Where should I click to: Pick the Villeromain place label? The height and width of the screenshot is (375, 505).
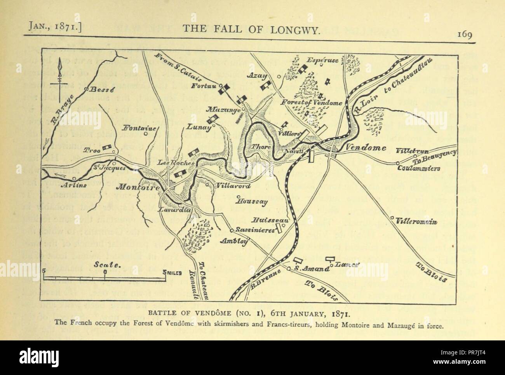pyautogui.click(x=417, y=222)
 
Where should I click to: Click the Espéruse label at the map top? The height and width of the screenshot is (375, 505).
pyautogui.click(x=322, y=60)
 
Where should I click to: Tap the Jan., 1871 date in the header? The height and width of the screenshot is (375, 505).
pyautogui.click(x=55, y=28)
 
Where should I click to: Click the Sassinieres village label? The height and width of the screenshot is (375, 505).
pyautogui.click(x=253, y=230)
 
